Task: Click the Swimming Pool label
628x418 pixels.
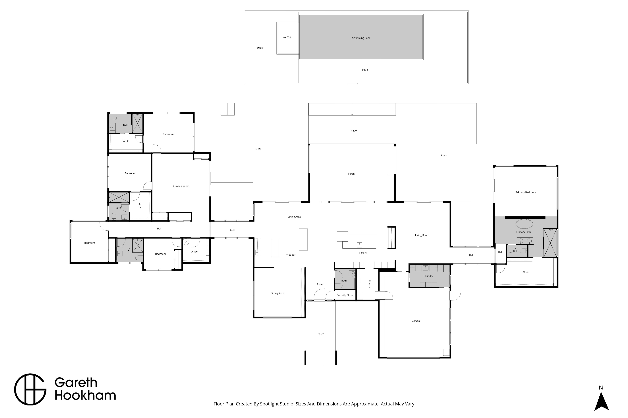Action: coord(361,38)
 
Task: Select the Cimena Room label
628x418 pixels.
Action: coord(181,186)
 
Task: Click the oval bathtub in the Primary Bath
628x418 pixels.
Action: coord(524,224)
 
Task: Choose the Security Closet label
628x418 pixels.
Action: coord(345,295)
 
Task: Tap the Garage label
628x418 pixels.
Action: coord(416,321)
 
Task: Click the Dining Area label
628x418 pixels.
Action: coord(294,217)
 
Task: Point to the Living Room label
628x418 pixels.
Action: coord(422,235)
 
